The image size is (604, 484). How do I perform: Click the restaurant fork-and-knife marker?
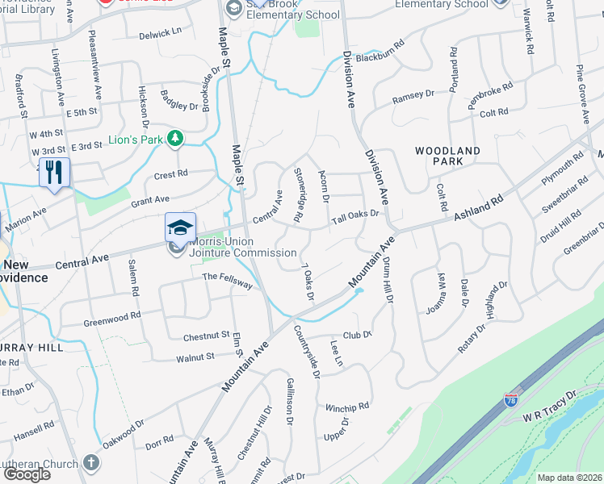point(54,173)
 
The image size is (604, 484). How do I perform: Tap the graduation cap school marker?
point(180,227)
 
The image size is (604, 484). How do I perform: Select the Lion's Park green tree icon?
point(174,140)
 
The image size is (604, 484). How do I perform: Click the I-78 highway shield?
point(510,399)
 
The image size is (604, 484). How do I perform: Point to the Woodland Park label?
point(447,156)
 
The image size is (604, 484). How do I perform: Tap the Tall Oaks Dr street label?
point(354,215)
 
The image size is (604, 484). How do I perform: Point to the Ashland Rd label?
point(478,207)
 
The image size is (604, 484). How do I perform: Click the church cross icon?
point(91,463)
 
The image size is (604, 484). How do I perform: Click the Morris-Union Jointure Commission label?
point(232,247)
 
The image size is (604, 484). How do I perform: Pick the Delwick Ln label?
point(160,33)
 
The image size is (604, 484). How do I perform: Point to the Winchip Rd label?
point(347,406)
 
